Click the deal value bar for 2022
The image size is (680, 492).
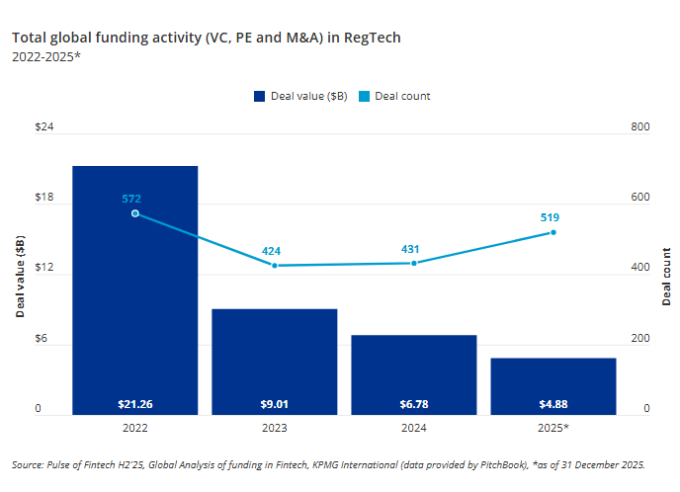click(134, 287)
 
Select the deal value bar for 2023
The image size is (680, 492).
click(275, 361)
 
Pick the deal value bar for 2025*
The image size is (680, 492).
click(553, 385)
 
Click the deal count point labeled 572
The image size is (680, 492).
click(134, 213)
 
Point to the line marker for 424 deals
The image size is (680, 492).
click(275, 266)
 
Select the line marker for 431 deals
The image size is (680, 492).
click(414, 263)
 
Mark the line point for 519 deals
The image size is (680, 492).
click(553, 232)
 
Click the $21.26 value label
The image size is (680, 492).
click(134, 403)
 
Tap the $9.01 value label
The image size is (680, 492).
click(275, 403)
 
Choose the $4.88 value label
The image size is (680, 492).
click(553, 403)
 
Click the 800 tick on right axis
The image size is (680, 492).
click(638, 128)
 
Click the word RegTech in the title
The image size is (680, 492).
click(371, 38)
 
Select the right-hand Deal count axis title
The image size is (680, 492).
click(666, 277)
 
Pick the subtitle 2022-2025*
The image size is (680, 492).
click(46, 57)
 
